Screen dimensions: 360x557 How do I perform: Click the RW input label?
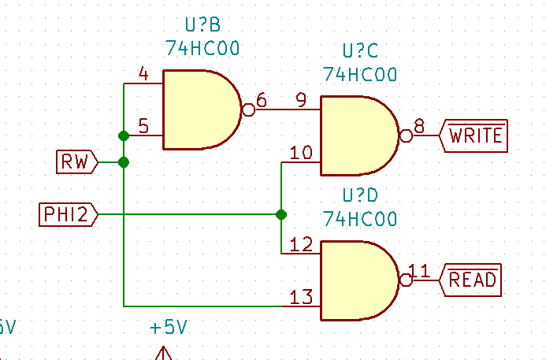pos(76,162)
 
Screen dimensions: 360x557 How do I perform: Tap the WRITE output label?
pos(475,135)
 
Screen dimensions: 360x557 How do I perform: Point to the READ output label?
pos(473,279)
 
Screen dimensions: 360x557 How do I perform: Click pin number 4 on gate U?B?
pos(143,74)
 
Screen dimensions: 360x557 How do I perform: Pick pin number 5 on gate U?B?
pos(143,126)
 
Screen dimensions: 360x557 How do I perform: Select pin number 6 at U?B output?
pos(262,101)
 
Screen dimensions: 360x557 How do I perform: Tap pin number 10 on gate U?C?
pos(301,152)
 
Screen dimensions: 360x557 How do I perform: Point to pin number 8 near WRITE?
pos(419,126)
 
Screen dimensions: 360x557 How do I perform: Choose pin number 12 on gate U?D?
pos(301,244)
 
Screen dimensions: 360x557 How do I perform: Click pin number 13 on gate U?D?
pos(301,297)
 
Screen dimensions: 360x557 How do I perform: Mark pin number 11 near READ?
pos(419,271)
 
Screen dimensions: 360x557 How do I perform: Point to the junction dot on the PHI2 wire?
pos(281,214)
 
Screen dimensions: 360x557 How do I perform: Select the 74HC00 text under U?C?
pos(360,74)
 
